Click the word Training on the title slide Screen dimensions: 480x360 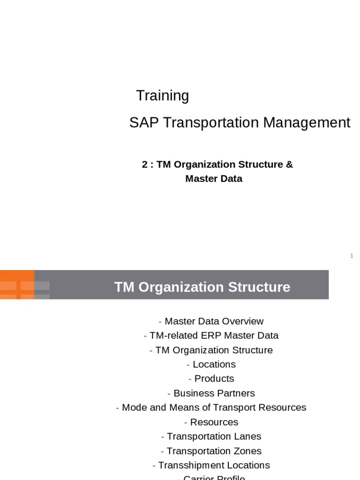tap(162, 96)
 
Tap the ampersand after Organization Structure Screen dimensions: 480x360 tap(289, 165)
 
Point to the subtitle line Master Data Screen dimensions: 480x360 tap(214, 179)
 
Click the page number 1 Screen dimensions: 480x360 tap(352, 255)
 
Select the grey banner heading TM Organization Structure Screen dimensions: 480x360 tap(202, 287)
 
